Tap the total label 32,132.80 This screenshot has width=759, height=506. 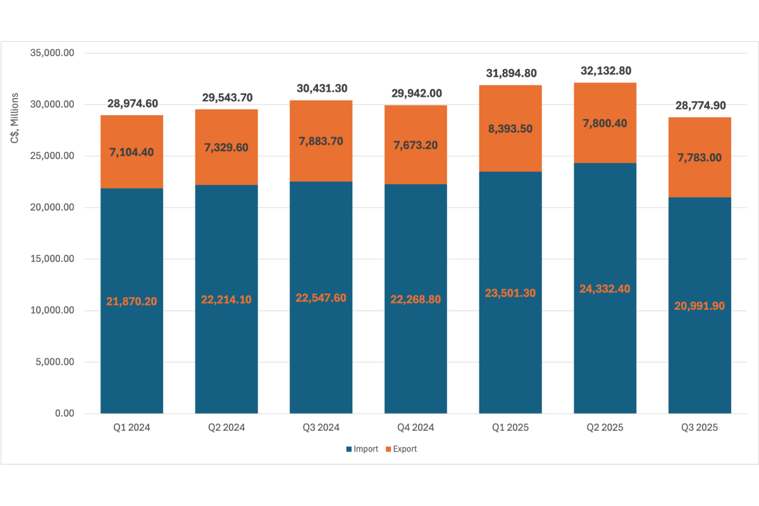point(605,71)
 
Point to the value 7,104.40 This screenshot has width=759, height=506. point(132,152)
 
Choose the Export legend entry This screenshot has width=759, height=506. point(400,449)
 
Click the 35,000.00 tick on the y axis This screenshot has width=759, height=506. point(53,53)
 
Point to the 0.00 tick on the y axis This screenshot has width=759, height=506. point(65,414)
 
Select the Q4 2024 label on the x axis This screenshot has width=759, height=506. point(416,428)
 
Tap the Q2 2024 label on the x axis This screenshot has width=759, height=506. point(226,428)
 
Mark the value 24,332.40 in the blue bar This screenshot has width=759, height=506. point(605,288)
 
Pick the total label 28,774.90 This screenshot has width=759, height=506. point(700,105)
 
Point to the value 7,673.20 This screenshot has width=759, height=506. point(416,145)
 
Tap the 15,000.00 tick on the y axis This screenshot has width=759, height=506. point(53,259)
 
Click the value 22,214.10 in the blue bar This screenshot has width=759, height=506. point(226,300)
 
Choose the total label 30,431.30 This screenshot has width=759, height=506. point(321,89)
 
